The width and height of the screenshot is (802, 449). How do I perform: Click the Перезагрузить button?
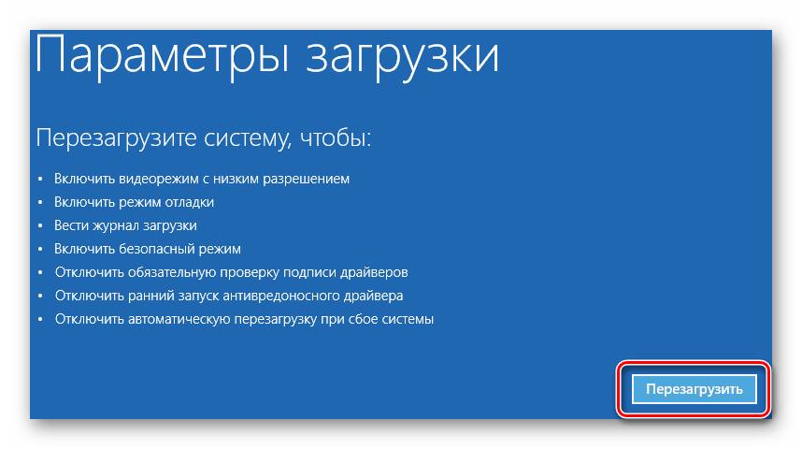(x=695, y=389)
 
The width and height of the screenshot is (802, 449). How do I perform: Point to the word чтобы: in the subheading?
(x=336, y=138)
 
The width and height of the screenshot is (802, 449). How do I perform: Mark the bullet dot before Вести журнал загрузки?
(x=41, y=225)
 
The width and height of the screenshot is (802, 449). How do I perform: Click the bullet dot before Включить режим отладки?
(x=41, y=202)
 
